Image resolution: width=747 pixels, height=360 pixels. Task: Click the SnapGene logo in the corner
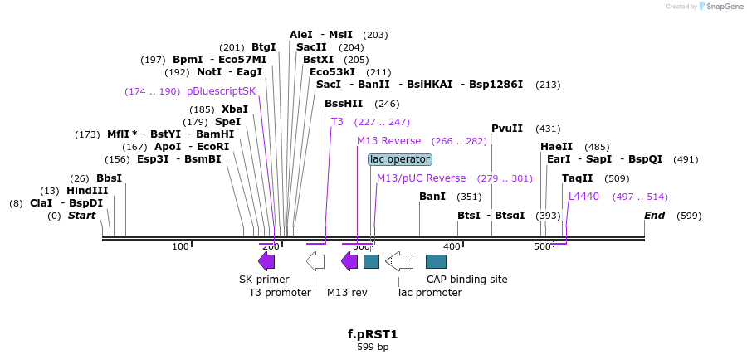[x=720, y=6]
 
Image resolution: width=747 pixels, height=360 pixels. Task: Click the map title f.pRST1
[x=373, y=334]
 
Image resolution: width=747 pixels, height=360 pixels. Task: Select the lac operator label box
[x=400, y=159]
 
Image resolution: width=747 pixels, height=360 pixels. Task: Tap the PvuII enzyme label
[x=507, y=129]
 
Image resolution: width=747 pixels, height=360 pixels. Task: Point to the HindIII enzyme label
[x=88, y=191]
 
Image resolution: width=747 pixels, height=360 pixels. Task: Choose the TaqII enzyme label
[x=578, y=178]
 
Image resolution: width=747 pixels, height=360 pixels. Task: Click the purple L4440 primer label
[x=583, y=197]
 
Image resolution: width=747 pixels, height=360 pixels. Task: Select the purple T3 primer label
[x=337, y=122]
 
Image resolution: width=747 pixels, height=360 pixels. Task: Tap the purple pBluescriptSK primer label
[x=222, y=91]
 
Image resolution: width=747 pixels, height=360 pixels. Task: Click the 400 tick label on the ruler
[x=452, y=247]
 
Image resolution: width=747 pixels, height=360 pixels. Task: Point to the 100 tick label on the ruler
[x=180, y=247]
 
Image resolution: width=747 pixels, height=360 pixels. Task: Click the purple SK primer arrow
[x=266, y=261]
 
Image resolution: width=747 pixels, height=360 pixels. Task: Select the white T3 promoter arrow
[x=315, y=261]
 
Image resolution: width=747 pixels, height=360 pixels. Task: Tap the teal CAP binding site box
[x=436, y=261]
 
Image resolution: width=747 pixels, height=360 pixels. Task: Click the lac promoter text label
[x=430, y=292]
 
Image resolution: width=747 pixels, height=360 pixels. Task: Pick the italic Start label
[x=82, y=216]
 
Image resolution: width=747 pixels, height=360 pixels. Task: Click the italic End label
[x=655, y=216]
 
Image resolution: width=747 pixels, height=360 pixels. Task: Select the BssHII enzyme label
[x=344, y=104]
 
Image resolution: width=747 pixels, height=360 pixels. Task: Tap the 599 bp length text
[x=373, y=348]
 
